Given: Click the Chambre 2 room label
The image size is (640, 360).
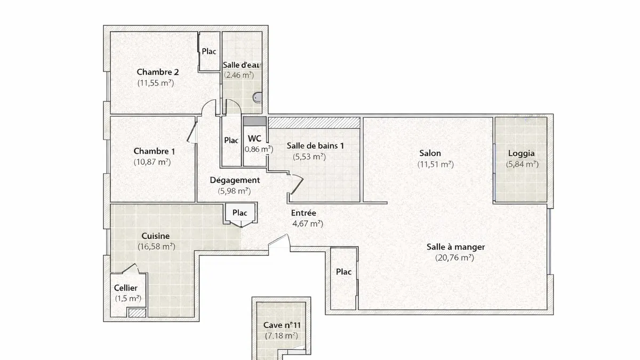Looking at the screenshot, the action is coord(158,72).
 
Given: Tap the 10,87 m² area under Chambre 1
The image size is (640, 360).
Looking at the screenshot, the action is coord(153,162).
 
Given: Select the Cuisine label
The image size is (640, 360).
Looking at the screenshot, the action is coord(156,236).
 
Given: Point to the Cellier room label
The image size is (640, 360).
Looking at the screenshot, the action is coord(126,287).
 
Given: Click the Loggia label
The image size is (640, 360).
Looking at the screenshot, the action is coord(522,154).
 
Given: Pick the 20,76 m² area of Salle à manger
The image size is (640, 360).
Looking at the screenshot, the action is coord(454,258).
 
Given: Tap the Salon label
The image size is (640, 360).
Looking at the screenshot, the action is coord(430,153).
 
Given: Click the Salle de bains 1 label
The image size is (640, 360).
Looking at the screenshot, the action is coord(315,146).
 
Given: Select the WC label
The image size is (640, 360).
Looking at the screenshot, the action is coord(254,139).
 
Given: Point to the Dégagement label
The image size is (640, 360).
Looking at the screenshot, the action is coord(235,180).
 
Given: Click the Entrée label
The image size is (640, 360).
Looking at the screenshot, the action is coord(303,213).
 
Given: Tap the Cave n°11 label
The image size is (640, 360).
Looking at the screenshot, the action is coord(282,325).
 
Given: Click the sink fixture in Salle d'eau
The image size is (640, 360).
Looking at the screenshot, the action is coord(257,98).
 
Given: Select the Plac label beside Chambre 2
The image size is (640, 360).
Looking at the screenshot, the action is coord(209,51).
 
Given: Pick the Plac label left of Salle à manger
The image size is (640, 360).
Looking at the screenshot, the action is coord(343,271).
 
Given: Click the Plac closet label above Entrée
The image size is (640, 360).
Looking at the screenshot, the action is coord(239,213).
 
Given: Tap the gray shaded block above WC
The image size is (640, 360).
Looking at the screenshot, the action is coord(254,121).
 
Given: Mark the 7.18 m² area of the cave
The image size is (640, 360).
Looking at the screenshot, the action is coord(282,335).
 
